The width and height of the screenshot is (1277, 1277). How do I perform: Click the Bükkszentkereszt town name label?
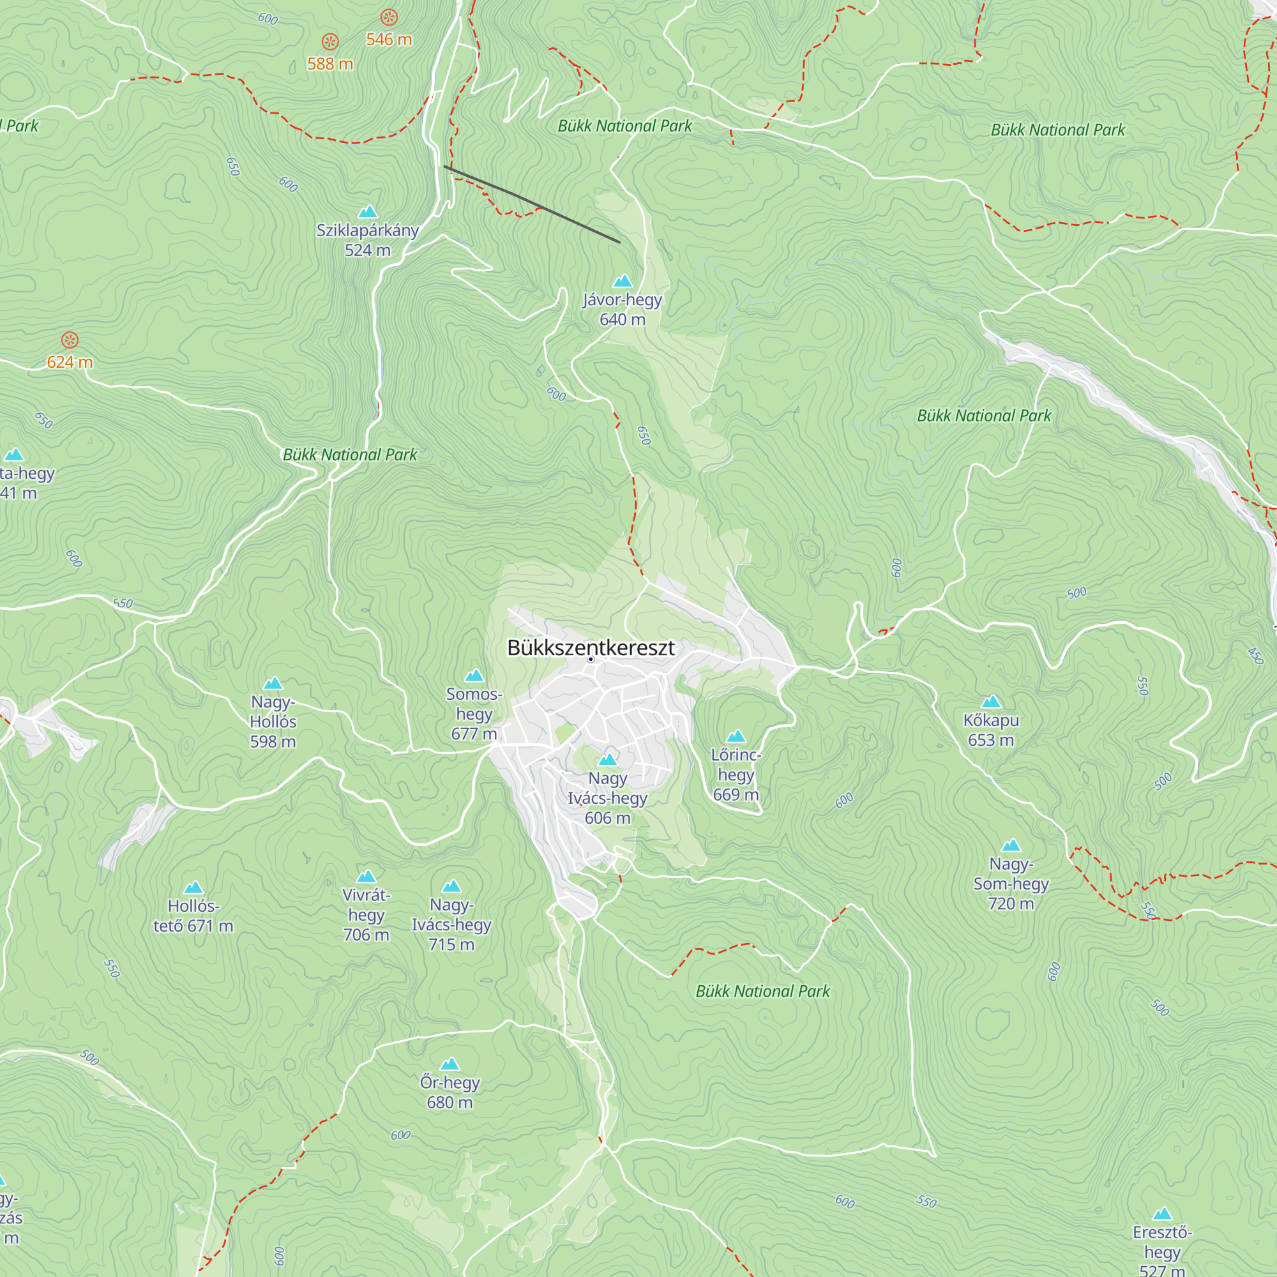click(x=591, y=647)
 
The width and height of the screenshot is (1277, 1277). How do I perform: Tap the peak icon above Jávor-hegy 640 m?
click(x=623, y=282)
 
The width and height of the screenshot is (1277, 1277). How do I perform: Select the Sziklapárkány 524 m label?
click(x=368, y=240)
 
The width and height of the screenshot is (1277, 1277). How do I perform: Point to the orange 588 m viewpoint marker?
click(x=330, y=42)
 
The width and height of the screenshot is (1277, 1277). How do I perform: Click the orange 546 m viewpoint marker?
click(x=389, y=17)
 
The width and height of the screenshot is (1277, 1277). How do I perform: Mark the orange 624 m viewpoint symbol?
click(x=70, y=340)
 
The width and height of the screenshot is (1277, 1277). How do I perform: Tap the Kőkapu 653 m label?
click(x=991, y=730)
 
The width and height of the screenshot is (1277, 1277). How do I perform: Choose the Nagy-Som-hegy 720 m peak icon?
click(x=1011, y=845)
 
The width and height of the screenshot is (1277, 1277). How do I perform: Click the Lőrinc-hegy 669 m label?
click(x=736, y=774)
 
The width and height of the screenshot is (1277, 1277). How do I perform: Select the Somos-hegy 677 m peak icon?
click(x=474, y=676)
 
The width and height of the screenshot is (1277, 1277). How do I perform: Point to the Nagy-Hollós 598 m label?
click(x=273, y=721)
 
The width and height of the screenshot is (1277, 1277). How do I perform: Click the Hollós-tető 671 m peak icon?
click(x=193, y=887)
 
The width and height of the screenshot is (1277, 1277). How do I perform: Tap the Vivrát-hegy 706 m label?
click(x=366, y=915)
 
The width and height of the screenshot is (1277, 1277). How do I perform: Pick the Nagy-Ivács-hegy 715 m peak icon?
click(x=451, y=886)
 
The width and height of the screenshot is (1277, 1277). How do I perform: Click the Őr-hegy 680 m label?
click(x=450, y=1092)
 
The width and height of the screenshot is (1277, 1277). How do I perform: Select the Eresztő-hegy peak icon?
click(x=1162, y=1214)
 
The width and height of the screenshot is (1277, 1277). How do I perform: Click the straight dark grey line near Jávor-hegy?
click(x=532, y=205)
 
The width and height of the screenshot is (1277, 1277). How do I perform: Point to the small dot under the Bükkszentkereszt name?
click(x=591, y=660)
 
